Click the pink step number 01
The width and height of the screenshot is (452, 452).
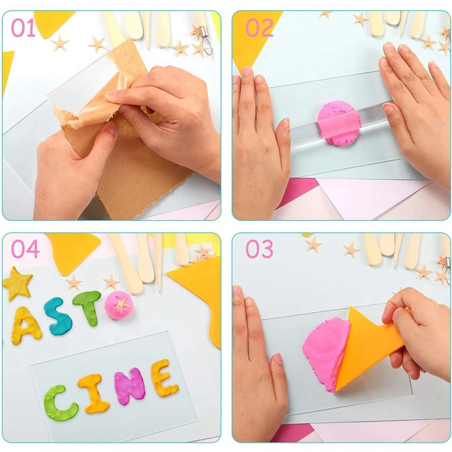[23, 28]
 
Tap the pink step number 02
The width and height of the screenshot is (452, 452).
[259, 28]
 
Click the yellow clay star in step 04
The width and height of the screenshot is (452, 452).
[18, 283]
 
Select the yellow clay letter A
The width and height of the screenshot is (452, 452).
[26, 326]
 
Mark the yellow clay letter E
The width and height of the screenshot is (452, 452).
[164, 378]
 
